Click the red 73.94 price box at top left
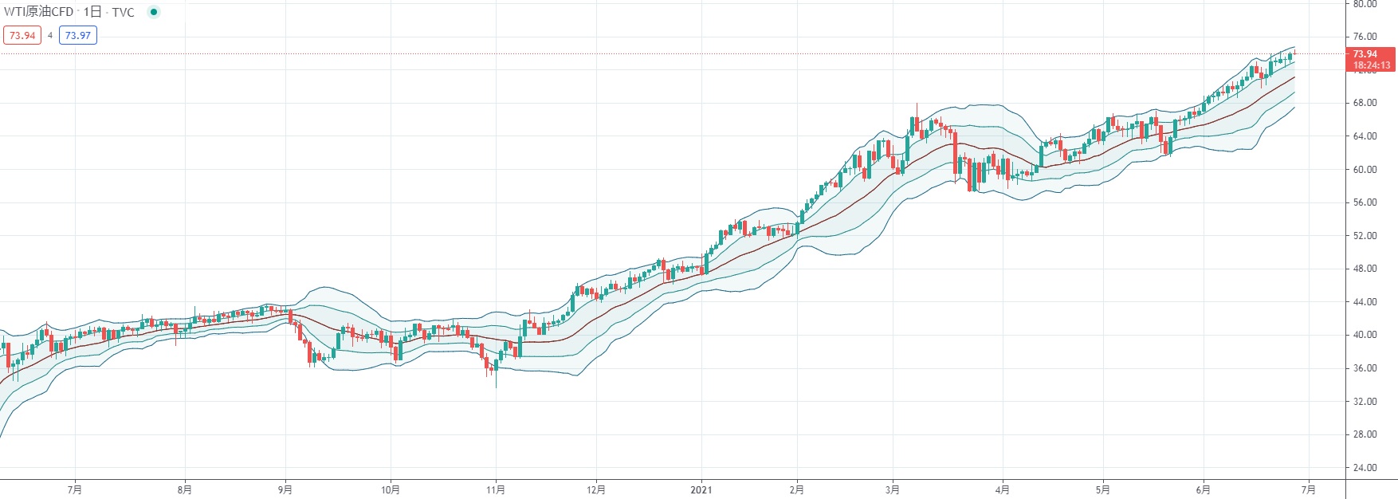point(22,35)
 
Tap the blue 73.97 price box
point(77,35)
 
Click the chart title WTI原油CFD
point(39,12)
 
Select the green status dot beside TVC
point(154,12)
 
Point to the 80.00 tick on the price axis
point(1365,4)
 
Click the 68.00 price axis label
point(1365,103)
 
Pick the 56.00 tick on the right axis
point(1365,202)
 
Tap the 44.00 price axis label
point(1365,302)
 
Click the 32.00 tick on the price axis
point(1365,402)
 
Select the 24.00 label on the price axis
point(1365,468)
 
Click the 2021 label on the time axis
point(701,489)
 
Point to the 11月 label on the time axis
point(496,489)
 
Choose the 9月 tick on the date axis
point(285,489)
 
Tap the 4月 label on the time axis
point(1003,489)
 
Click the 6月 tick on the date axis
point(1204,489)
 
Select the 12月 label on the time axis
point(596,489)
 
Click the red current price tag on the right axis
point(1370,59)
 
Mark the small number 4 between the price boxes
point(50,35)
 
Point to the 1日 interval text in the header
point(92,12)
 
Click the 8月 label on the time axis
point(185,489)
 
